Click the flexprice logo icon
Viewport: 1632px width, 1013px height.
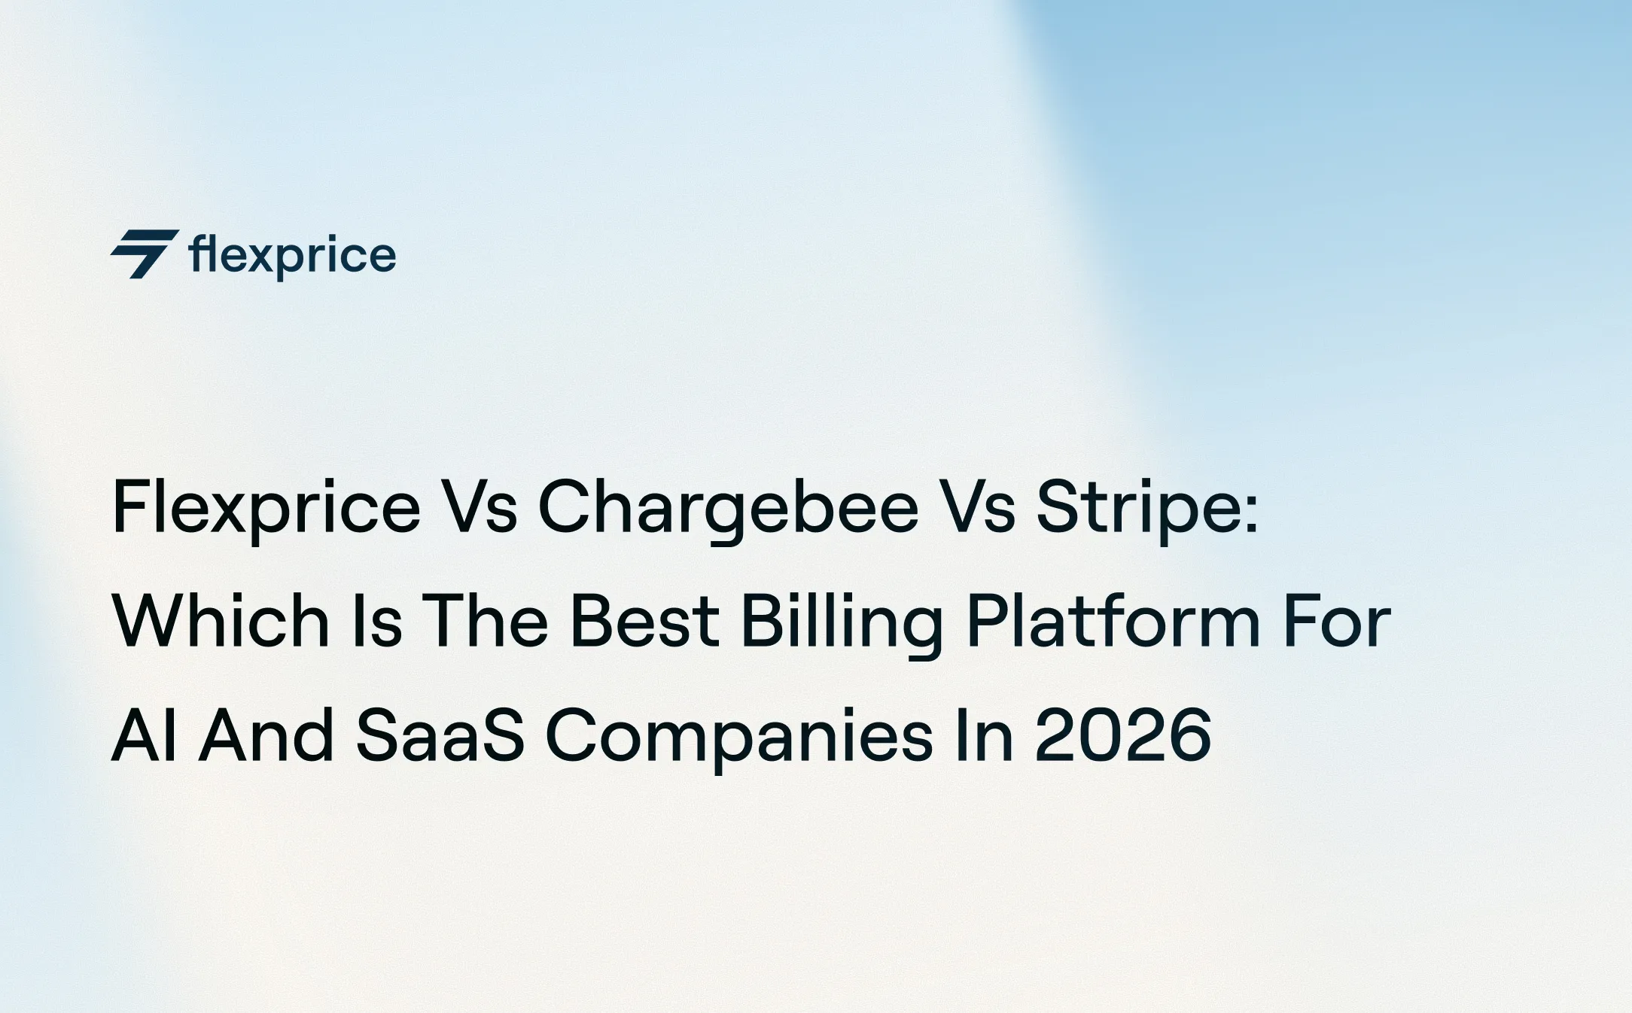[x=145, y=254]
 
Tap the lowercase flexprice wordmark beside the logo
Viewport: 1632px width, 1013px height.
[x=292, y=256]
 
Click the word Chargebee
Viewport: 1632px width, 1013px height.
[x=728, y=508]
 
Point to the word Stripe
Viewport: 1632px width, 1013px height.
[x=1146, y=508]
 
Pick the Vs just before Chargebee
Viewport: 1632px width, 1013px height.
[x=479, y=508]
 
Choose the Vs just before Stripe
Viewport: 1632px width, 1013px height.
[x=977, y=508]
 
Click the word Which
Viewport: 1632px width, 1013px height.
[x=221, y=622]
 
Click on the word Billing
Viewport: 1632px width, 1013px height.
[x=842, y=622]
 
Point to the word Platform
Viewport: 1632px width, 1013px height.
[x=1113, y=622]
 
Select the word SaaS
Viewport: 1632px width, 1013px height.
[x=440, y=735]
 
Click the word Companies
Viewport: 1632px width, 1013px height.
[x=739, y=735]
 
